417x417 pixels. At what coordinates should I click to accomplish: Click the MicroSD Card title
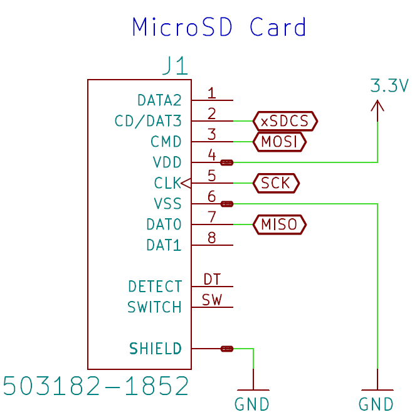tap(219, 27)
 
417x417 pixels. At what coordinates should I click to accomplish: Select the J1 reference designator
tap(175, 65)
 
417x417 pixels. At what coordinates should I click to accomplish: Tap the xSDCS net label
tap(285, 121)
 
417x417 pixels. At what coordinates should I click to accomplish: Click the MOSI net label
tap(279, 142)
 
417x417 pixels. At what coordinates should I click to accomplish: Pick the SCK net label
tap(276, 183)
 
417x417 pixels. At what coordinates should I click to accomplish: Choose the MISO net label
tap(279, 224)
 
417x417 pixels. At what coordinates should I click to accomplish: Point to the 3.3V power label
tap(389, 86)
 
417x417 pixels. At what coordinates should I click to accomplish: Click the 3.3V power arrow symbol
tap(377, 110)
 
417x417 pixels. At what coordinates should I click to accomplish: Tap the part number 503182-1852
tap(96, 386)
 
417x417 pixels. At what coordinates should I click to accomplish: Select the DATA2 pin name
tap(159, 100)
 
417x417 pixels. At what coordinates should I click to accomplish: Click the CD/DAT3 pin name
tap(148, 121)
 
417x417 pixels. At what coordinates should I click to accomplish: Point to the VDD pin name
tap(167, 162)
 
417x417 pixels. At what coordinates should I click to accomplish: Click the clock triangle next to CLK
tap(186, 183)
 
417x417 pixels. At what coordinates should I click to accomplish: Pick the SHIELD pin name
tap(156, 349)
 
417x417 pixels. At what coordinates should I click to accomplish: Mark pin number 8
tap(212, 238)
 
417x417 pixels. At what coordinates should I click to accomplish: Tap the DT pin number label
tap(212, 279)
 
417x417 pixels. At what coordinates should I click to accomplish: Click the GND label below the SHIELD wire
tap(252, 404)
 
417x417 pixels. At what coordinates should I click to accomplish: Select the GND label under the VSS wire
tap(376, 404)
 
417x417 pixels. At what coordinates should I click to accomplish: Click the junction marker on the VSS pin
tap(227, 204)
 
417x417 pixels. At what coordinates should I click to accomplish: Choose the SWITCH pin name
tap(154, 307)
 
